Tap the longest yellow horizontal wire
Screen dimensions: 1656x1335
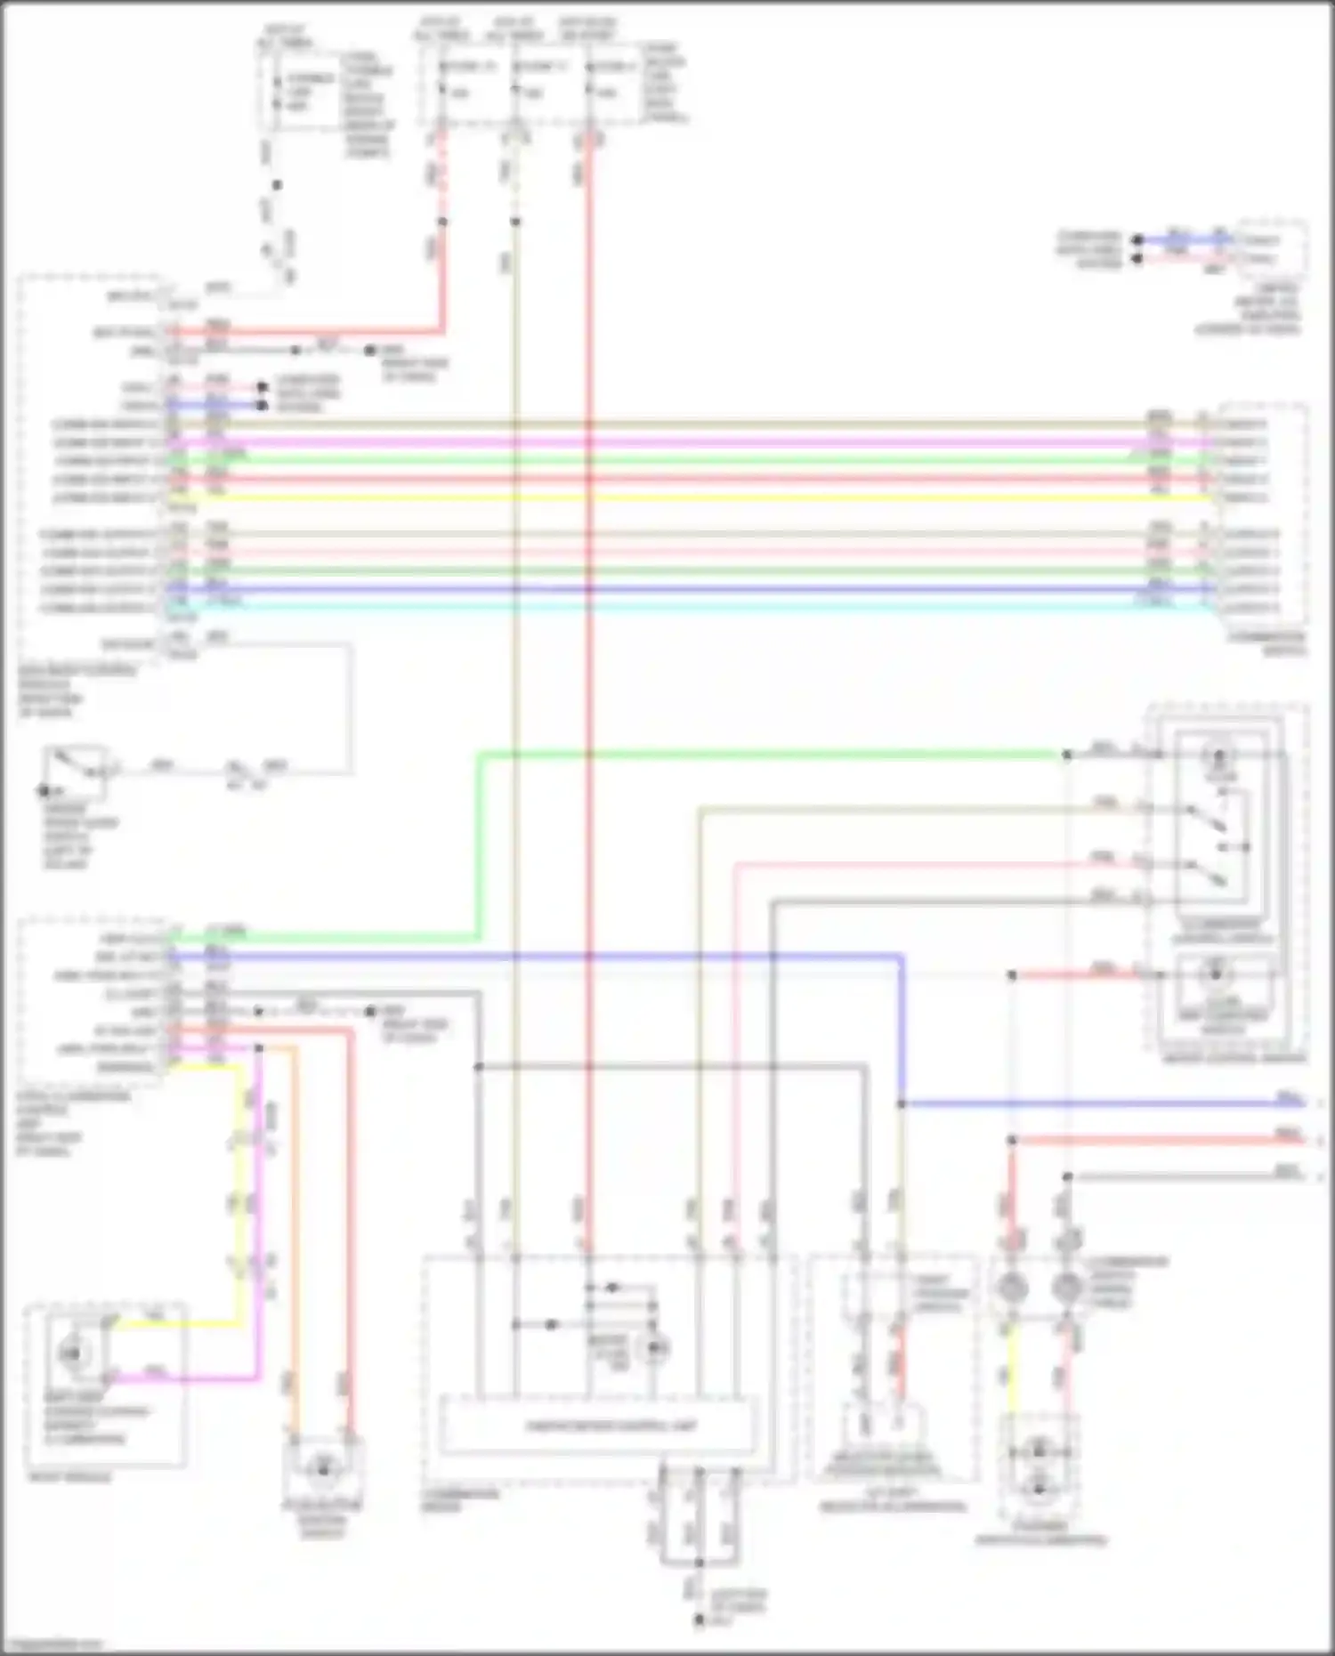pyautogui.click(x=694, y=497)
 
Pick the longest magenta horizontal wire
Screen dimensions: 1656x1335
pyautogui.click(x=694, y=441)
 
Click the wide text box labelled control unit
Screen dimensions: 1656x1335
pyautogui.click(x=598, y=1426)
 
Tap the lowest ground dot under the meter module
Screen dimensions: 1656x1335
pyautogui.click(x=700, y=1621)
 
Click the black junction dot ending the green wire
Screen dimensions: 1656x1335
pyautogui.click(x=1067, y=755)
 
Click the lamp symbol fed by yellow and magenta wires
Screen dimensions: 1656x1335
pyautogui.click(x=71, y=1353)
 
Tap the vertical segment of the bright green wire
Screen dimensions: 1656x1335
pyautogui.click(x=480, y=845)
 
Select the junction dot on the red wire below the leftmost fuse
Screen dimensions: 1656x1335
pyautogui.click(x=442, y=222)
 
